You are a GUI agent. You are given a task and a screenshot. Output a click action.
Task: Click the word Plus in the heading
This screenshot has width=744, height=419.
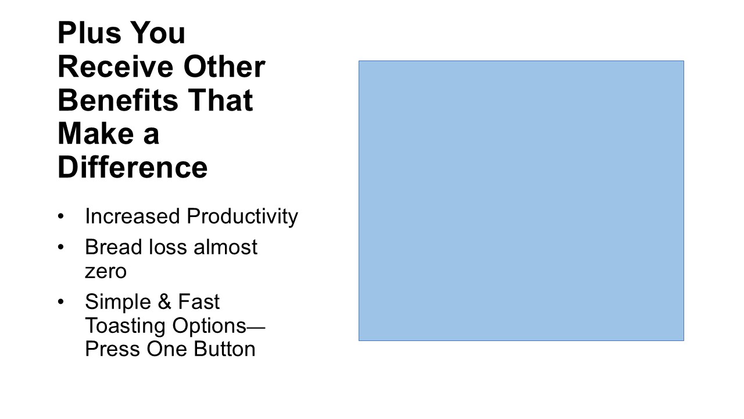pyautogui.click(x=90, y=33)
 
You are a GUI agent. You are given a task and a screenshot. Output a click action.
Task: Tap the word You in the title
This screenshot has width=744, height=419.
pyautogui.click(x=158, y=33)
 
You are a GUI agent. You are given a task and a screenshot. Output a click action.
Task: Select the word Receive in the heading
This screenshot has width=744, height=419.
pyautogui.click(x=116, y=66)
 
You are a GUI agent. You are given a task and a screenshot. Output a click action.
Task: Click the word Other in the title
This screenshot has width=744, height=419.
pyautogui.click(x=224, y=66)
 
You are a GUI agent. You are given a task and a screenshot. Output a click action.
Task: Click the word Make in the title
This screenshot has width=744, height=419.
pyautogui.click(x=96, y=133)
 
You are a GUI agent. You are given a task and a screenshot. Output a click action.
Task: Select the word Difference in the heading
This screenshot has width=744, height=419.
pyautogui.click(x=133, y=167)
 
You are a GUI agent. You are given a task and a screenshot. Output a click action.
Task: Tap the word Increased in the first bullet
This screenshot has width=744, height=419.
pyautogui.click(x=133, y=216)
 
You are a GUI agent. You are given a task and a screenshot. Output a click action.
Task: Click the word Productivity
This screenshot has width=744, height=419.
pyautogui.click(x=242, y=217)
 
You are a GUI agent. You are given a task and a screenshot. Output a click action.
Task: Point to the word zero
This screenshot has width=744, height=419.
pyautogui.click(x=106, y=272)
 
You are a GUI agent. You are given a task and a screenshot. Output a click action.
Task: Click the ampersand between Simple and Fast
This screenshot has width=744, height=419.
pyautogui.click(x=164, y=301)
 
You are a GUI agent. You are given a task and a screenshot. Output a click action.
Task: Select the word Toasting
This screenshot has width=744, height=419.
pyautogui.click(x=125, y=326)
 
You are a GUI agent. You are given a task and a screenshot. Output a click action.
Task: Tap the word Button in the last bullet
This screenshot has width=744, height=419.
pyautogui.click(x=224, y=349)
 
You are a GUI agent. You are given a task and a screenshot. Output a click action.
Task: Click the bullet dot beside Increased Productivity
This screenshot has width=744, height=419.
pyautogui.click(x=61, y=216)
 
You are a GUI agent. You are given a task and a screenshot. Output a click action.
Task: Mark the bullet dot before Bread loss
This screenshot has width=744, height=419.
pyautogui.click(x=61, y=247)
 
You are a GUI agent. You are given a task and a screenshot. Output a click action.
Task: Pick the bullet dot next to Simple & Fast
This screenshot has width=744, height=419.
pyautogui.click(x=61, y=301)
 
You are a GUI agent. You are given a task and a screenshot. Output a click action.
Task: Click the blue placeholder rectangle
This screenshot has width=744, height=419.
pyautogui.click(x=521, y=201)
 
